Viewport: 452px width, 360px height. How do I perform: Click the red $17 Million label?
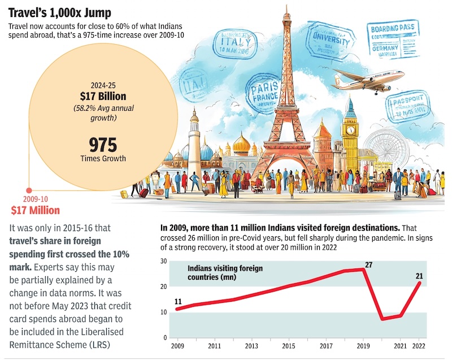click(x=35, y=211)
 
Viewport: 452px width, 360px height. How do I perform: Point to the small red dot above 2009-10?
click(x=29, y=191)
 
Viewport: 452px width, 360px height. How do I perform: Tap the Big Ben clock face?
click(x=350, y=130)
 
